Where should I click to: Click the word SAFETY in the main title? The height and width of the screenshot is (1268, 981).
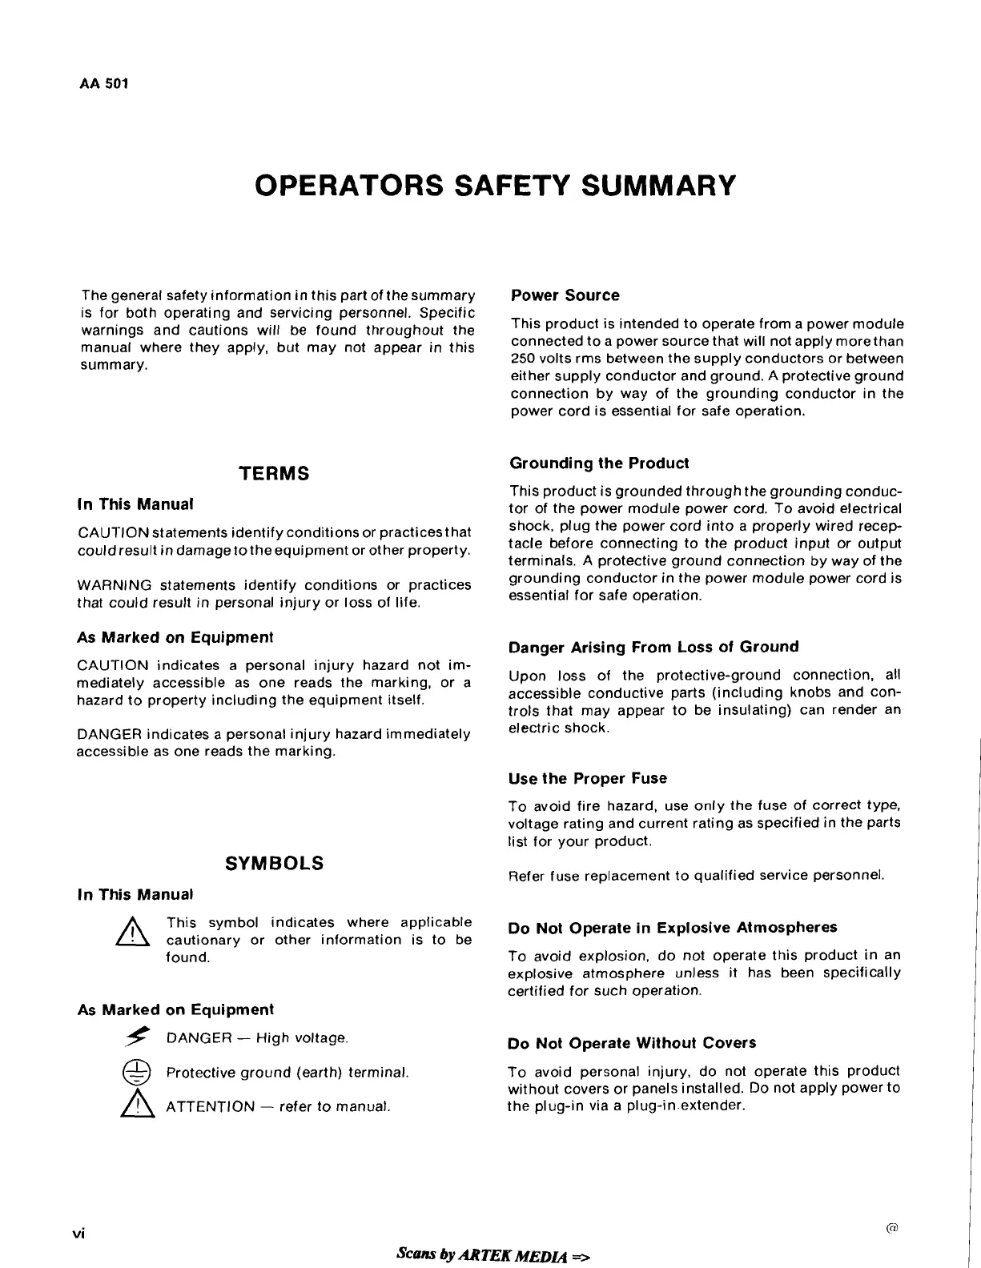point(506,186)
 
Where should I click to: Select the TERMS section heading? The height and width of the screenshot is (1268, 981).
point(274,473)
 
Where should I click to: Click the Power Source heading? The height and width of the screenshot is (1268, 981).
point(565,295)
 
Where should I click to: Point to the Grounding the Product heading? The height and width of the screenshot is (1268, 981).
point(598,463)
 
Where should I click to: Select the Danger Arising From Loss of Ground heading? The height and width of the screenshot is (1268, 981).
point(653,647)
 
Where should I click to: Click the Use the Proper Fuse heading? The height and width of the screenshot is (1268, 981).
point(587,778)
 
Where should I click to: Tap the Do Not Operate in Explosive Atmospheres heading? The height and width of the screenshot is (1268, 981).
point(672,928)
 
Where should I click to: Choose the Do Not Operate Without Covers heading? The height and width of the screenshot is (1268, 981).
point(631,1043)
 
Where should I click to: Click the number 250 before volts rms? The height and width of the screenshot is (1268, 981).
point(524,359)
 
